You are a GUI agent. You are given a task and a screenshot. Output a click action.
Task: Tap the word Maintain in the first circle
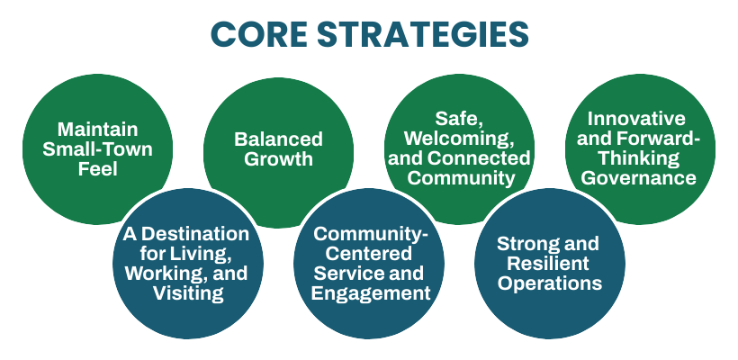pos(96,128)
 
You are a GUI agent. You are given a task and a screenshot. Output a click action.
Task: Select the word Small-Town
pos(96,148)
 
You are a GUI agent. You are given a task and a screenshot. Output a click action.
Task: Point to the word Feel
pos(96,167)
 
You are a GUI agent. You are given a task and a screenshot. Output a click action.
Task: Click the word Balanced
pos(277,139)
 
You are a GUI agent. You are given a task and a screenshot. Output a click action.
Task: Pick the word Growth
pos(277,159)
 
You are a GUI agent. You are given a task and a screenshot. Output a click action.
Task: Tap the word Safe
pos(458,118)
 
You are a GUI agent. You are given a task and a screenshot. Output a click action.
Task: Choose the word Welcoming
pos(458,138)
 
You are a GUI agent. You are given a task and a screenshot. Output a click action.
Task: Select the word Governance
pos(637,177)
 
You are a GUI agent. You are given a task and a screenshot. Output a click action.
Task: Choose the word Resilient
pos(548,264)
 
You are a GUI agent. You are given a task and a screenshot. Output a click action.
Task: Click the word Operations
pos(548,283)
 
